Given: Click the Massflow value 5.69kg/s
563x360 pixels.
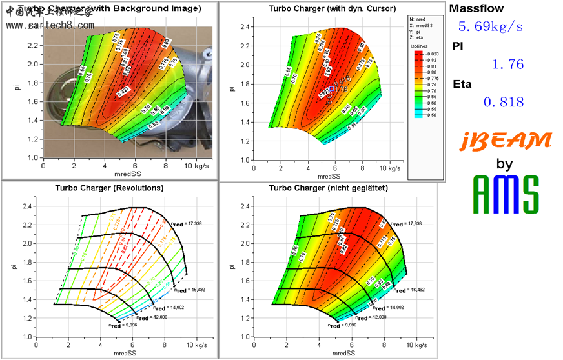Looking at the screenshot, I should point(490,26).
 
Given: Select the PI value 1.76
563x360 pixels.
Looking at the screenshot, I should point(507,64).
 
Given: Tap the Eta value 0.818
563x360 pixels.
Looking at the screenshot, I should point(503,101).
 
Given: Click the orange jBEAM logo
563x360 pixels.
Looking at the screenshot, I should point(506,140).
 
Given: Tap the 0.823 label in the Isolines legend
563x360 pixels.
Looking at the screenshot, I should point(432,54).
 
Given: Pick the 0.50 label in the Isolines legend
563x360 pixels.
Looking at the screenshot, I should point(431,115).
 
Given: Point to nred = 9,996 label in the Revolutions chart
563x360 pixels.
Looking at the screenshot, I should point(124,325).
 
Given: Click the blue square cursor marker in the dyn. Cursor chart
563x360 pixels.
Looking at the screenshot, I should point(332,88).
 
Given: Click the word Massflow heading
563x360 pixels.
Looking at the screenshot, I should point(476,8).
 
